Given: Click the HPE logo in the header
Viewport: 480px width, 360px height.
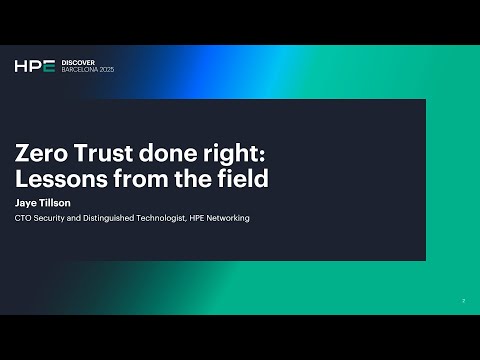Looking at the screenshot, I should [x=33, y=66].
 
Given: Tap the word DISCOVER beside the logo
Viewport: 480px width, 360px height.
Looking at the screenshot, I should [x=78, y=62].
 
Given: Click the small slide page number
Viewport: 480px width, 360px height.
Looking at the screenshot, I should [x=463, y=300].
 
